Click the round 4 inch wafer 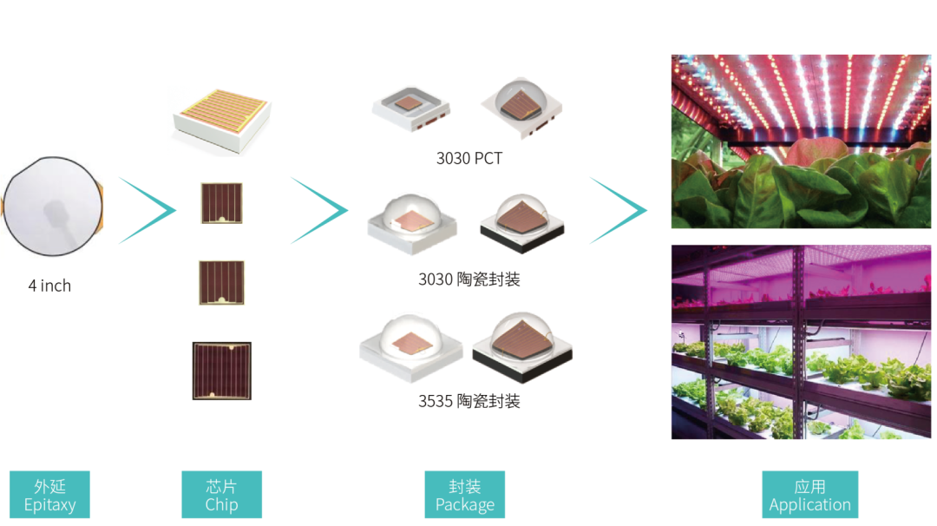click(53, 207)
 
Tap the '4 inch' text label click(49, 286)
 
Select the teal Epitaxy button click(49, 495)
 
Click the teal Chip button click(222, 495)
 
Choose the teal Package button click(465, 495)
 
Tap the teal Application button click(809, 495)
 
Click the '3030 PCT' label click(469, 158)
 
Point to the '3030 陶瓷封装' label click(469, 279)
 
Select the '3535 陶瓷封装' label click(469, 401)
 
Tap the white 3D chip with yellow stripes click(222, 120)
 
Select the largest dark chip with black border click(222, 371)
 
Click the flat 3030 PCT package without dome click(410, 108)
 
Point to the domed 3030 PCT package click(521, 108)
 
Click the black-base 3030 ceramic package click(521, 222)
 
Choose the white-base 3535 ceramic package click(410, 348)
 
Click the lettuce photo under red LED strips click(801, 141)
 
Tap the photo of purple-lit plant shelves click(801, 342)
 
